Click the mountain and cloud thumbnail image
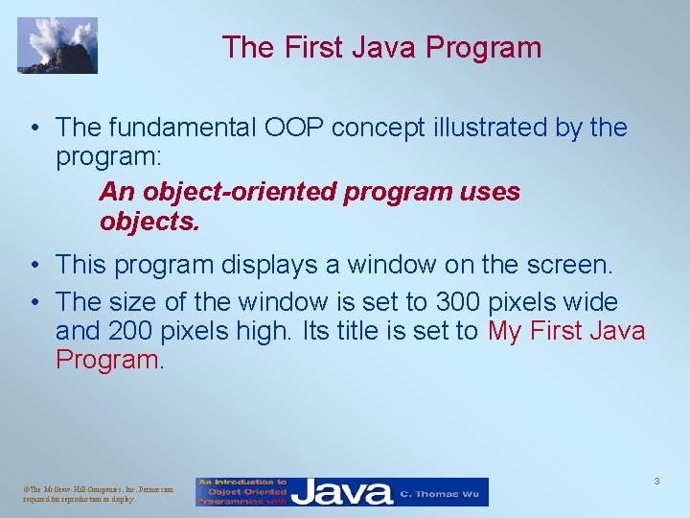[57, 45]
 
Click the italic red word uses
[490, 192]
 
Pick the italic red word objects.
[149, 223]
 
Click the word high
[272, 332]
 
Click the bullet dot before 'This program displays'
[34, 264]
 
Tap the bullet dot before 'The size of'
[34, 302]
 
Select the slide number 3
[656, 481]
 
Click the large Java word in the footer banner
[342, 492]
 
